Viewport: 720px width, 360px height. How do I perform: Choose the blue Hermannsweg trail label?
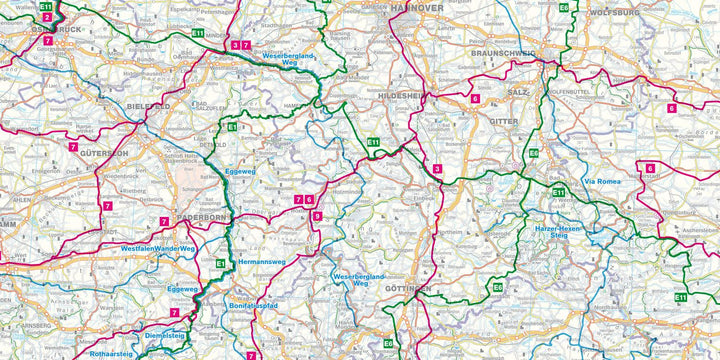pyautogui.click(x=263, y=262)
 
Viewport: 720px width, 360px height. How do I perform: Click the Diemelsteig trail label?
pyautogui.click(x=166, y=335)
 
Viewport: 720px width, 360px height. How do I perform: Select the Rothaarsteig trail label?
pyautogui.click(x=111, y=353)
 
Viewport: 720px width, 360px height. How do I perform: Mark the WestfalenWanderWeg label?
pyautogui.click(x=158, y=247)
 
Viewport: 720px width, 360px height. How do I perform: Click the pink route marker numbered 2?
pyautogui.click(x=47, y=18)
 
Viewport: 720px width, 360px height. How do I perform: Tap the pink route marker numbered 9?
pyautogui.click(x=317, y=216)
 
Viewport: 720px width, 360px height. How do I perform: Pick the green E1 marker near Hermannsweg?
pyautogui.click(x=221, y=263)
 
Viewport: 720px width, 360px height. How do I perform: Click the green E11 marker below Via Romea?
pyautogui.click(x=559, y=192)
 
